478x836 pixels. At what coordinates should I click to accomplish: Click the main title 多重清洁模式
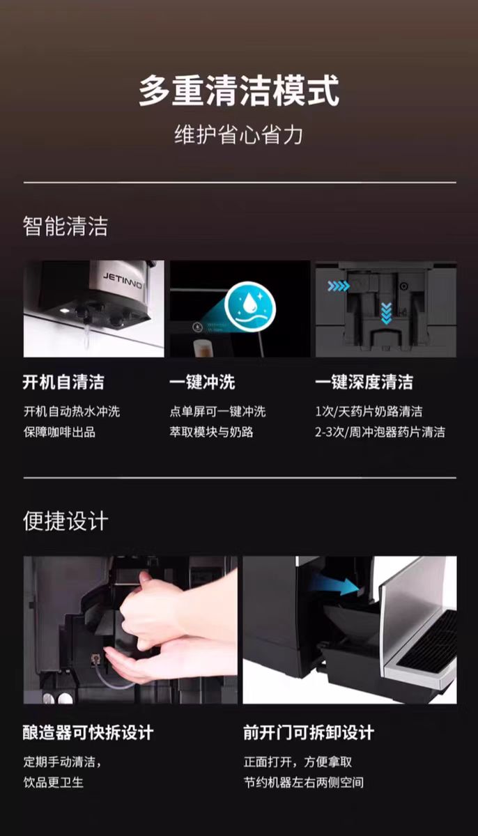(x=239, y=91)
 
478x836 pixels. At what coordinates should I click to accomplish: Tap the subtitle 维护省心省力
(x=239, y=134)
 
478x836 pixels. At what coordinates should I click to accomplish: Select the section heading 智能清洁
(x=65, y=226)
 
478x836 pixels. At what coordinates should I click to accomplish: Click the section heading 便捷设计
(x=65, y=520)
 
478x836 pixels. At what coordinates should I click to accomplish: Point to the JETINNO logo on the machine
(x=123, y=280)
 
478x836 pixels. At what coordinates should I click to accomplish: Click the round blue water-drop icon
(x=250, y=307)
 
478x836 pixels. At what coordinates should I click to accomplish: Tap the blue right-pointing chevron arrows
(x=339, y=286)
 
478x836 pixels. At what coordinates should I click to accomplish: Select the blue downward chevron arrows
(x=386, y=313)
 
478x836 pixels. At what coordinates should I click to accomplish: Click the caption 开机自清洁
(x=63, y=382)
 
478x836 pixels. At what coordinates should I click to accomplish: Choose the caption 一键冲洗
(x=202, y=382)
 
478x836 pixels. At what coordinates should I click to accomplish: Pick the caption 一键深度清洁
(x=364, y=382)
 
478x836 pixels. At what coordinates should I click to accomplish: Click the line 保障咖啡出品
(x=59, y=432)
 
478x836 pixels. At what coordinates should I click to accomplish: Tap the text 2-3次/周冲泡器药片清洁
(x=380, y=432)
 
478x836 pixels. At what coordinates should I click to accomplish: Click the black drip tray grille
(x=427, y=640)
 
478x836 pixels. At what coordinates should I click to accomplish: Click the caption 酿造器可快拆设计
(x=88, y=732)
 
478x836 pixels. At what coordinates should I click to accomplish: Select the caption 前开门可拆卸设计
(x=309, y=732)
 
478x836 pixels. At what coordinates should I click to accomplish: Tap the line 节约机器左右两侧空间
(x=304, y=782)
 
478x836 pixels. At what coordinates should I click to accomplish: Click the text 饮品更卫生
(x=54, y=782)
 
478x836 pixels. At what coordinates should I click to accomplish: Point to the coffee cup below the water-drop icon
(x=202, y=348)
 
